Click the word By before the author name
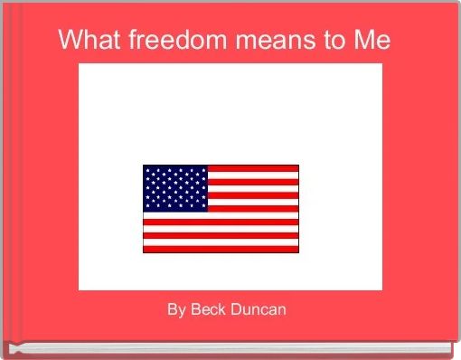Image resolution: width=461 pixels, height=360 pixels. (175, 310)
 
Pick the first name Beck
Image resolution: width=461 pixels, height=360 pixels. (208, 310)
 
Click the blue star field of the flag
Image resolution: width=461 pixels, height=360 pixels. (175, 187)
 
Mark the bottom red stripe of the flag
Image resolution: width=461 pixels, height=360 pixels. (221, 248)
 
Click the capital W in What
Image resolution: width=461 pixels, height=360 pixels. (69, 41)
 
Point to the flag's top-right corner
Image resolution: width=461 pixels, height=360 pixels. (297, 166)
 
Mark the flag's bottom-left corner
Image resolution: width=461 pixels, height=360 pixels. (144, 251)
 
